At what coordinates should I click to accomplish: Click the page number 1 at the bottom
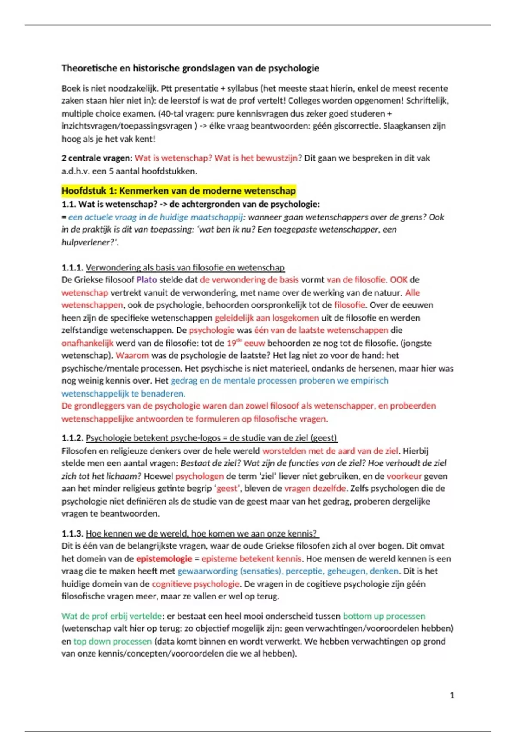point(452,695)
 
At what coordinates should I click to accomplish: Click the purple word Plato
point(147,279)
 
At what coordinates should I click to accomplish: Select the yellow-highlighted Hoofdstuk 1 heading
point(178,190)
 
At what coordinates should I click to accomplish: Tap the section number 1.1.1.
point(72,267)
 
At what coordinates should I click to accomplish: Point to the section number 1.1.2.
point(72,438)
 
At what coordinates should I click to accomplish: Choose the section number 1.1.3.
point(72,533)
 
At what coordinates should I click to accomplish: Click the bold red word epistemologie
point(164,558)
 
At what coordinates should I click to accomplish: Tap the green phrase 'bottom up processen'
point(384,616)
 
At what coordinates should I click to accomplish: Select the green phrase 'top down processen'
point(112,641)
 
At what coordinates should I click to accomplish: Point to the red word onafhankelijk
point(87,343)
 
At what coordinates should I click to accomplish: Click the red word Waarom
point(132,355)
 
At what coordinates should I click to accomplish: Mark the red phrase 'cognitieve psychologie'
point(196,584)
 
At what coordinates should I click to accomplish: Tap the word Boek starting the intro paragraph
point(71,88)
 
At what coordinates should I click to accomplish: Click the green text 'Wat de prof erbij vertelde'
point(112,616)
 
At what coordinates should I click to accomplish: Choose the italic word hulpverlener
point(88,242)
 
